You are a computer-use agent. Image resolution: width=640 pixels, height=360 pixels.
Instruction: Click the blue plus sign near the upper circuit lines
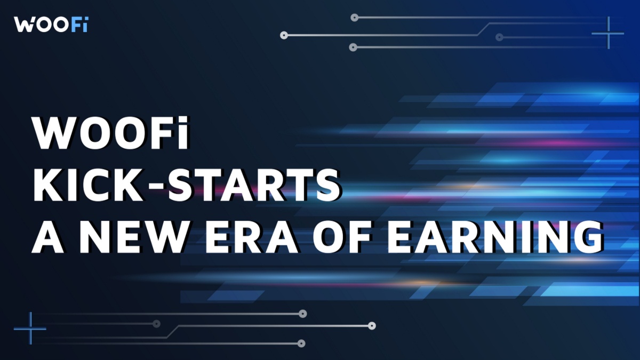coord(607,33)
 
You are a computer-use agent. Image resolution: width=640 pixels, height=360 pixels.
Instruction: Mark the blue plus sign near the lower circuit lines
coord(30,328)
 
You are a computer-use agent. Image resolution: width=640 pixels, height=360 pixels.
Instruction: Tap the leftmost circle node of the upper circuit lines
coord(284,36)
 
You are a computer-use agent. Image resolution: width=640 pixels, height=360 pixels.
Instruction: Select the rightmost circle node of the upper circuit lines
coord(499,37)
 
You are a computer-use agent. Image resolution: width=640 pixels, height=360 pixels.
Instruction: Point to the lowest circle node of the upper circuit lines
coord(353,47)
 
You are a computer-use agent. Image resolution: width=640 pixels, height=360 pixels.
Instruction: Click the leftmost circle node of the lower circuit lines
coord(156,324)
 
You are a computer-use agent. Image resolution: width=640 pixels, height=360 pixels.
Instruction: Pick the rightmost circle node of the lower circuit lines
coord(372,325)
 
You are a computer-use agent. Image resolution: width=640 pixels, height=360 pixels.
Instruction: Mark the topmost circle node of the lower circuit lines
coord(303,314)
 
